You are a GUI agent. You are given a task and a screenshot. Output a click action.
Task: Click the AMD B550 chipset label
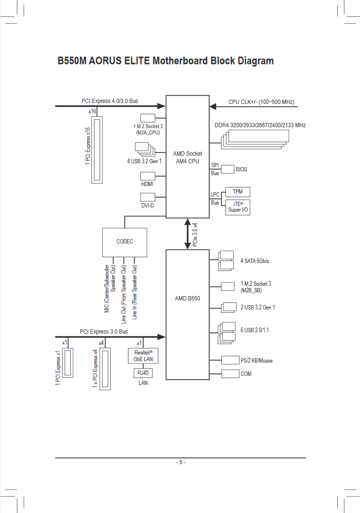187,298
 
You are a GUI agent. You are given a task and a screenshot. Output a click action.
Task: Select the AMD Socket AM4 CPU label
187,157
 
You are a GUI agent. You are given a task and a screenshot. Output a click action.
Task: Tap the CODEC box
125,242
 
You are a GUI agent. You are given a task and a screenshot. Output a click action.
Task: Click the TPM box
238,192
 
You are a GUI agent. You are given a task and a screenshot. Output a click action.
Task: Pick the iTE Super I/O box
238,207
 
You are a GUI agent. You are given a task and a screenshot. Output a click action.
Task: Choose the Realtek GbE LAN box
143,356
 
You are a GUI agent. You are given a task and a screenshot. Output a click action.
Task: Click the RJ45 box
143,373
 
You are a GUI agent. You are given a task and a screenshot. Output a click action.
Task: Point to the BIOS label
241,169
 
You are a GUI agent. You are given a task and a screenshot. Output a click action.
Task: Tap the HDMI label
147,184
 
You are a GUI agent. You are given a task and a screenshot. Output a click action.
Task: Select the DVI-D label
147,205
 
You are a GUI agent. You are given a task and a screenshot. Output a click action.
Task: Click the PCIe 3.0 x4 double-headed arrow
188,233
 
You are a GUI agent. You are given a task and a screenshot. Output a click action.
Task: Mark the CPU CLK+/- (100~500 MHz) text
261,102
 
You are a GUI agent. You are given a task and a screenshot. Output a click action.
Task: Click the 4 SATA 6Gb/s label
258,261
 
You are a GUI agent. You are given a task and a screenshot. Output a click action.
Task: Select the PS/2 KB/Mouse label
257,361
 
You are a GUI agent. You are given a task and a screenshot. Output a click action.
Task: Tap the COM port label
246,374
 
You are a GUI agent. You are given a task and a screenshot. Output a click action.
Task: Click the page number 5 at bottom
181,462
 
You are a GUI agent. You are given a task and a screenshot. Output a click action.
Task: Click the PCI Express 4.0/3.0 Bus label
110,101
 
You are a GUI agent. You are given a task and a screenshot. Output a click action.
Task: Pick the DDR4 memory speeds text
260,125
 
